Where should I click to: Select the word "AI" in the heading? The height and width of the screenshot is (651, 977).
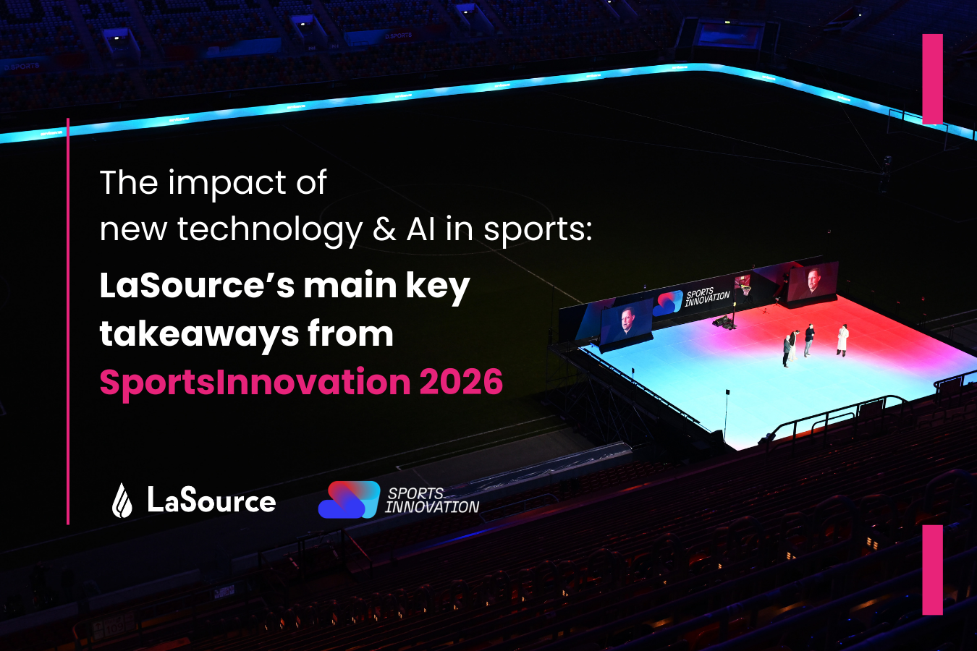(420, 229)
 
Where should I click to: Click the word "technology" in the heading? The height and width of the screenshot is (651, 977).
(269, 231)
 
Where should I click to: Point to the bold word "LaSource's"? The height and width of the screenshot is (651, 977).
(196, 286)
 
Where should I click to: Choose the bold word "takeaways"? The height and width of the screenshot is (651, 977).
(199, 335)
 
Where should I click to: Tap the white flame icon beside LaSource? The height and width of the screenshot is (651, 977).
(122, 501)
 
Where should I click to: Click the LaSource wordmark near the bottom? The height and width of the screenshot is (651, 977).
(211, 501)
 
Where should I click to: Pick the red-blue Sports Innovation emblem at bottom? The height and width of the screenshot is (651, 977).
(349, 500)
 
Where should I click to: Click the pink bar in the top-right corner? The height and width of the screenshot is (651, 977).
(933, 79)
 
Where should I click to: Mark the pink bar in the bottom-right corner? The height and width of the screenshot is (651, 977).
(933, 569)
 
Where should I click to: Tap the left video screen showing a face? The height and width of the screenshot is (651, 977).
(626, 323)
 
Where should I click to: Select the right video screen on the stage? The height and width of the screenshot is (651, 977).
(813, 281)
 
